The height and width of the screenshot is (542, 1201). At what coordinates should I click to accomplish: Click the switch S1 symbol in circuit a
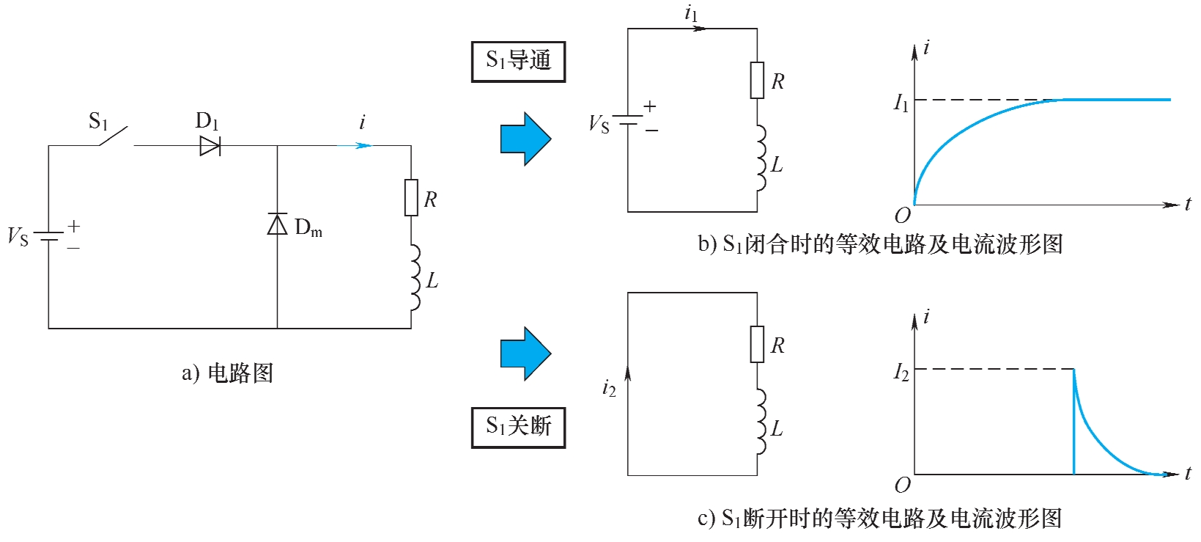[x=116, y=137]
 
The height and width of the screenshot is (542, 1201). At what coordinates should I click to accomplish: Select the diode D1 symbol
[x=210, y=146]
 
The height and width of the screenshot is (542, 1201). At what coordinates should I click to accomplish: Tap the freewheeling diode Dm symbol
[x=277, y=224]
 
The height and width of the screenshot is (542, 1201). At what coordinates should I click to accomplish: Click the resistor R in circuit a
[x=411, y=198]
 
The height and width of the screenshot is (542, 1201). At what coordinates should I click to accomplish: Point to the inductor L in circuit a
[x=414, y=278]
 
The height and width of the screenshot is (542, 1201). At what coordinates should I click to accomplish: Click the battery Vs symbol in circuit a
[x=49, y=237]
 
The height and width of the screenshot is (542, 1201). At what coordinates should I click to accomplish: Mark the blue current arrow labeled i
[x=355, y=145]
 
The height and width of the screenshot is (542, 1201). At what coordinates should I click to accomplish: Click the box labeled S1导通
[x=518, y=62]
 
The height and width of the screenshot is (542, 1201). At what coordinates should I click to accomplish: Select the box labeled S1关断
[x=518, y=427]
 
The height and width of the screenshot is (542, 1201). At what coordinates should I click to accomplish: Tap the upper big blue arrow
[x=525, y=139]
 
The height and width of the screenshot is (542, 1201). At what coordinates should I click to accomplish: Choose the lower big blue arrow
[x=525, y=354]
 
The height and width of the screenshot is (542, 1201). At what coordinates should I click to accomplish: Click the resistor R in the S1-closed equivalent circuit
[x=757, y=80]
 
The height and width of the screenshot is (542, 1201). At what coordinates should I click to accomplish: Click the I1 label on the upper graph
[x=901, y=102]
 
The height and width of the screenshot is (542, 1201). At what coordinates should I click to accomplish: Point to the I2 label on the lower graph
[x=901, y=372]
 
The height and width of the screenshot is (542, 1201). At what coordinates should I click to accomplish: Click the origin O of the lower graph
[x=903, y=485]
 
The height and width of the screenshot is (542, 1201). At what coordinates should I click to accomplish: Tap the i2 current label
[x=609, y=388]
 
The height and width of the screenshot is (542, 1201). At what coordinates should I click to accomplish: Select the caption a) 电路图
[x=227, y=373]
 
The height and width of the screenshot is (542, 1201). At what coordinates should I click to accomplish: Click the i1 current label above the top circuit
[x=691, y=12]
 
